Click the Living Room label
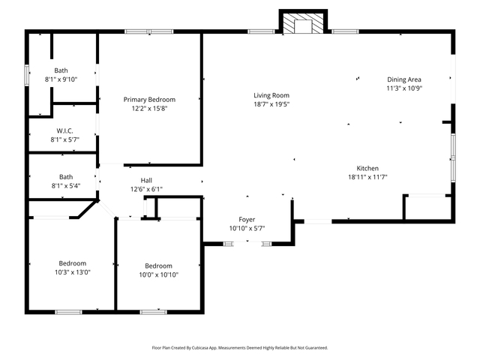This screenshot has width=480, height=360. click(271, 95)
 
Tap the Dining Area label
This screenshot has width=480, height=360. click(403, 79)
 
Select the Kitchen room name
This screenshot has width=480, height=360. click(367, 168)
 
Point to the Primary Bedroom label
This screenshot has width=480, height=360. click(149, 100)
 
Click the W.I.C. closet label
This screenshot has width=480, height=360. click(64, 130)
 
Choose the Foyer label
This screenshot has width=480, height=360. click(247, 219)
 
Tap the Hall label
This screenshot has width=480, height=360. click(146, 180)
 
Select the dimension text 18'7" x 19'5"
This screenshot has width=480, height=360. click(271, 104)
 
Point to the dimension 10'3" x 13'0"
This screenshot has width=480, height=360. click(73, 272)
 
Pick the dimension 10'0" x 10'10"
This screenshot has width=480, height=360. click(158, 274)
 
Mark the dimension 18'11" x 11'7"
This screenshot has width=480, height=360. click(367, 177)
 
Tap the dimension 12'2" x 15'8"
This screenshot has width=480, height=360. click(149, 109)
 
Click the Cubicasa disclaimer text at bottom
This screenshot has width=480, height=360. click(239, 348)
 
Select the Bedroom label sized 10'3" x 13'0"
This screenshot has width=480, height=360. click(73, 263)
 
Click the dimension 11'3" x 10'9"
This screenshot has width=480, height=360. click(403, 88)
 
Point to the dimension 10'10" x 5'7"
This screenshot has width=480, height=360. click(247, 228)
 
